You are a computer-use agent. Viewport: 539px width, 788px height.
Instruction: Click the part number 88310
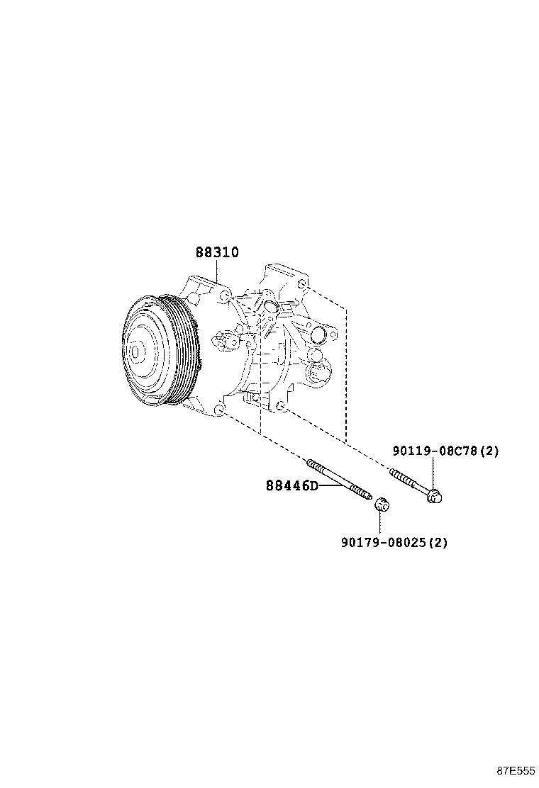point(217,252)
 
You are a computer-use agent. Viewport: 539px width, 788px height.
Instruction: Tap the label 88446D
point(292,485)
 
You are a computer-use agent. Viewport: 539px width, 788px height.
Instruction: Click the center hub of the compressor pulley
point(135,351)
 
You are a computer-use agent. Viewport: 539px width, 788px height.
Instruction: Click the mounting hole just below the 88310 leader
point(226,295)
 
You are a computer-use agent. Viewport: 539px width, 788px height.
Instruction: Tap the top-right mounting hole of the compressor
point(301,285)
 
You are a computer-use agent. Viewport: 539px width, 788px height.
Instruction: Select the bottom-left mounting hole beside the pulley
point(220,410)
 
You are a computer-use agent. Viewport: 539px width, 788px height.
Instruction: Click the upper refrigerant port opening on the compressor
point(270,307)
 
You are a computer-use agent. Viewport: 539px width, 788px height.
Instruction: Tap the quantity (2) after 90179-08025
point(438,542)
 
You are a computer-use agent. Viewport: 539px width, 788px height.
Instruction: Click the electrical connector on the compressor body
point(226,341)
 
